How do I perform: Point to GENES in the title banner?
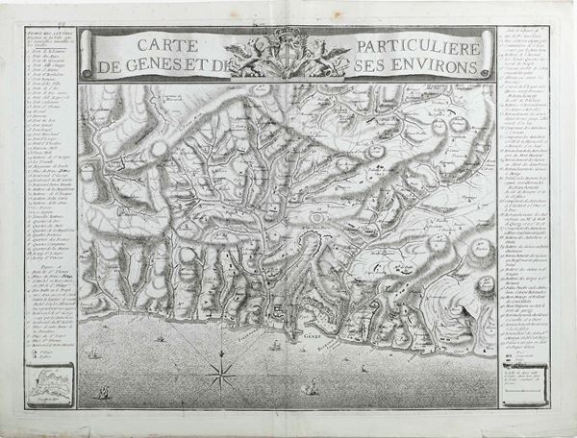click(x=167, y=67)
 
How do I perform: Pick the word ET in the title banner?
click(x=214, y=67)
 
